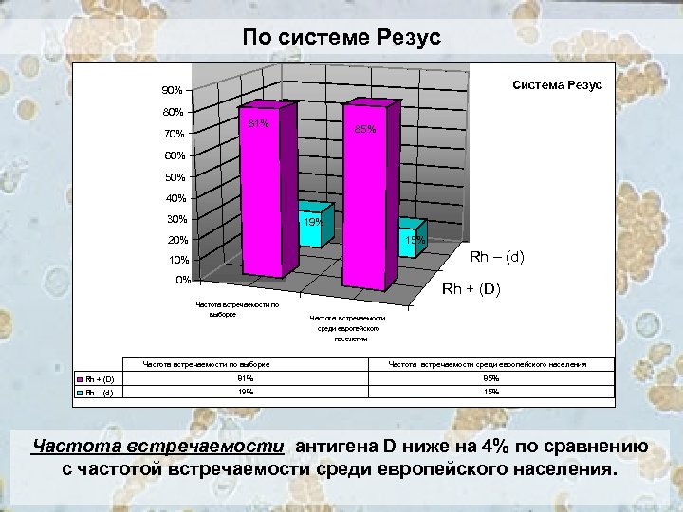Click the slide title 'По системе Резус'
coord(341,38)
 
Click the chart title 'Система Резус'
coord(558,84)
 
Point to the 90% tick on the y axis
coord(172,91)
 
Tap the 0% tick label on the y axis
coord(182,280)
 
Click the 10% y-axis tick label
coord(178,260)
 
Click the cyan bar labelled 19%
coord(312,228)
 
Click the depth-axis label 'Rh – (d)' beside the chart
coord(497,257)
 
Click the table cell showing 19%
coord(246,391)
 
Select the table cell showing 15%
coord(490,391)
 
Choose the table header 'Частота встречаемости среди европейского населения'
coord(488,364)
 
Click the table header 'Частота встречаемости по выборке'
coord(206,364)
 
